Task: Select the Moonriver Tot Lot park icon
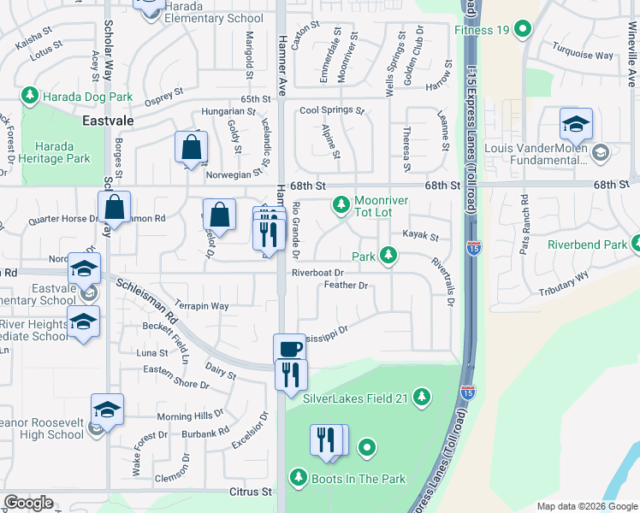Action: click(x=341, y=203)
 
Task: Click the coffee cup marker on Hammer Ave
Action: click(x=289, y=348)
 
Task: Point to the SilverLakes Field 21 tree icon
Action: click(x=420, y=396)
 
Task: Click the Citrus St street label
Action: click(x=250, y=492)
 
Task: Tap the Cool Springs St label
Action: click(x=332, y=110)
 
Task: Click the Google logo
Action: click(x=29, y=502)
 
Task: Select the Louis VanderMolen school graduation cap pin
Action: click(x=576, y=124)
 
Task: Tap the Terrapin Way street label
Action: click(x=201, y=305)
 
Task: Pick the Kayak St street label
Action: click(x=420, y=236)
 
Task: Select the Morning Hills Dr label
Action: click(x=191, y=416)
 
